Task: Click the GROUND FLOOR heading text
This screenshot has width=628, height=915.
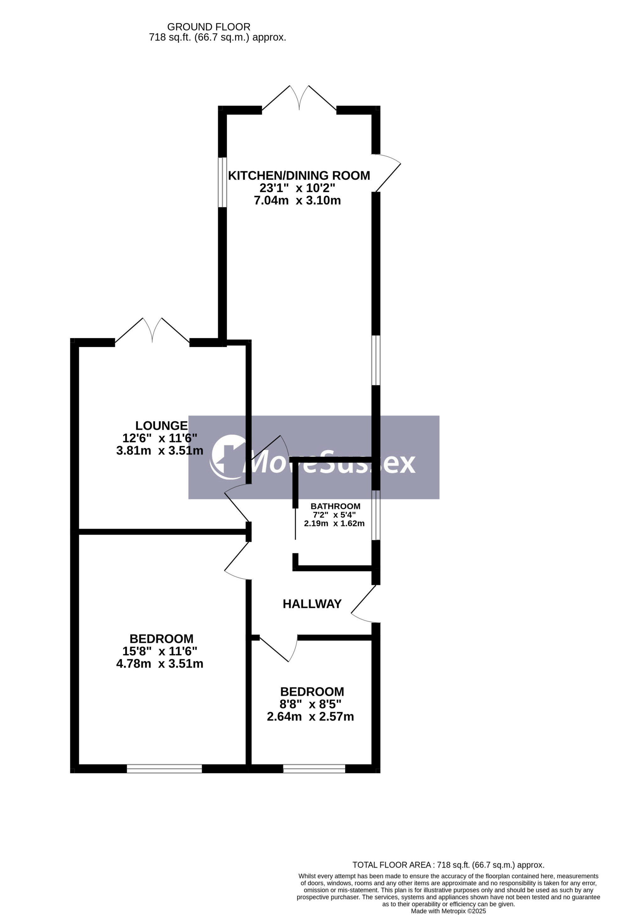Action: coord(209,27)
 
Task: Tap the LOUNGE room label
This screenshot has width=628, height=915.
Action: coord(161,425)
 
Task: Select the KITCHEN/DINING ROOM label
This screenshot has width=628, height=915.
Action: coord(299,176)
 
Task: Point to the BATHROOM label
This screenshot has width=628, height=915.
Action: coord(335,506)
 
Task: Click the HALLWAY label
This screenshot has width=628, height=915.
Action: coord(312,604)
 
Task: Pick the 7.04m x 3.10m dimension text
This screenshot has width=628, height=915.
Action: coord(297,200)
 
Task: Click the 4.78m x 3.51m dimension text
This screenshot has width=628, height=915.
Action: coord(160,664)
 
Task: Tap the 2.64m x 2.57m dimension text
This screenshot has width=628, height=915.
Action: coord(310,717)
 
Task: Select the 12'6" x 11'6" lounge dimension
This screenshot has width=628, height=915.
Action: coord(160,438)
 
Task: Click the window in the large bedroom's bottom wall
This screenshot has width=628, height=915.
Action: coord(164,769)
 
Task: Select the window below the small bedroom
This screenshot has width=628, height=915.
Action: coord(314,769)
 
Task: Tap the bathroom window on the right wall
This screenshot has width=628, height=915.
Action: coord(376,515)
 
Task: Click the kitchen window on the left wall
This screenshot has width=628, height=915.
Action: coord(222,182)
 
